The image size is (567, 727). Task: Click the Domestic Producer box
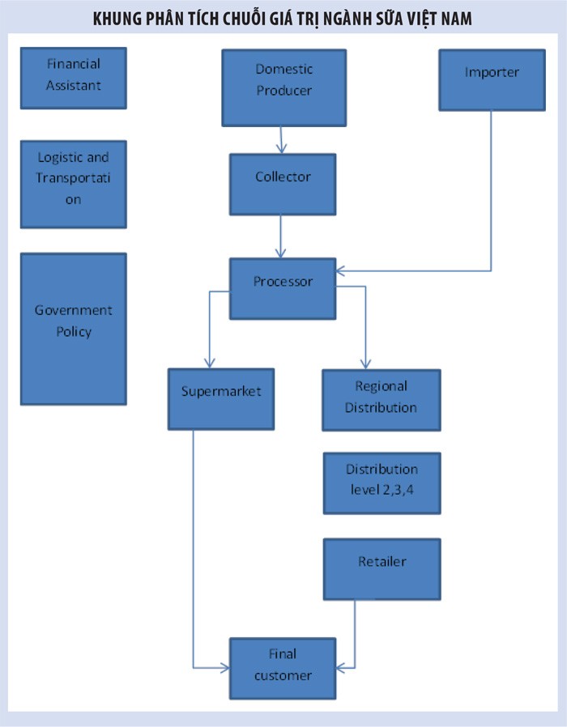(283, 87)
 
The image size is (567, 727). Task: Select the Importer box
(492, 79)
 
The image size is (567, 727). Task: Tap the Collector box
(283, 185)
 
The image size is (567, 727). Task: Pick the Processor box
(283, 288)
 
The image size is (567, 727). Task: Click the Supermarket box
(221, 398)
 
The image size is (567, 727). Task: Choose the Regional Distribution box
(381, 399)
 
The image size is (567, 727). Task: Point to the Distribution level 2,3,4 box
(382, 483)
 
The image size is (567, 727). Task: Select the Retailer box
(382, 568)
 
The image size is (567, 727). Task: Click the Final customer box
(283, 668)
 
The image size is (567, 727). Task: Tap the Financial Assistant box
(74, 77)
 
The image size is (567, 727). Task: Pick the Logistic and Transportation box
(74, 184)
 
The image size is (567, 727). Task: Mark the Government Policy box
(74, 328)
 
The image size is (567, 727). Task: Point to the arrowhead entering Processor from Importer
(341, 270)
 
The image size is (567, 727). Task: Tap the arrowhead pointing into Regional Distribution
(365, 363)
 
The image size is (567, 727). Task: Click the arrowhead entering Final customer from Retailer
(341, 668)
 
